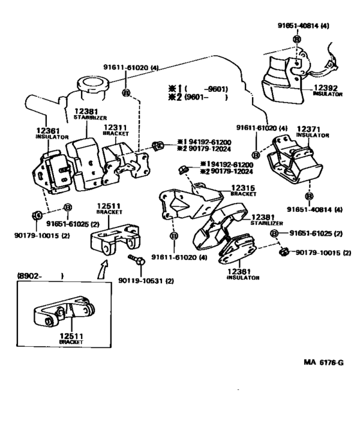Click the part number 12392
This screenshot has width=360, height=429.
(x=325, y=88)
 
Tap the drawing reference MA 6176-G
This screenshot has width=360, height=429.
(x=323, y=362)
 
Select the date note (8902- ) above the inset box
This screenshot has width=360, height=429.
(x=40, y=276)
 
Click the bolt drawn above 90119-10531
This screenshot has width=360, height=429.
(x=136, y=259)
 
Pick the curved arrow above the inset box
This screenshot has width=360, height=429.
(x=103, y=270)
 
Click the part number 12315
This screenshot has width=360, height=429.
(x=243, y=188)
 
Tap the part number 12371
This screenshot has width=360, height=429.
(x=309, y=129)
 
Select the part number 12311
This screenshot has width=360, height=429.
(x=115, y=128)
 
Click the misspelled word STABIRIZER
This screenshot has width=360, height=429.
(x=90, y=118)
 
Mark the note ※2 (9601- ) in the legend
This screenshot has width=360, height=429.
(x=197, y=97)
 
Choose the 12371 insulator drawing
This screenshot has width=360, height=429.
(x=295, y=161)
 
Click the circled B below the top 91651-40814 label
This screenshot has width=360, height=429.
(x=297, y=39)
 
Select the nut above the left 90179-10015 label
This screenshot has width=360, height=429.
(x=37, y=215)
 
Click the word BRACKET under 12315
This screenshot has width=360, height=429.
(x=244, y=194)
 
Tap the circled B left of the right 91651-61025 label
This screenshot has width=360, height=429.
(x=274, y=233)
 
